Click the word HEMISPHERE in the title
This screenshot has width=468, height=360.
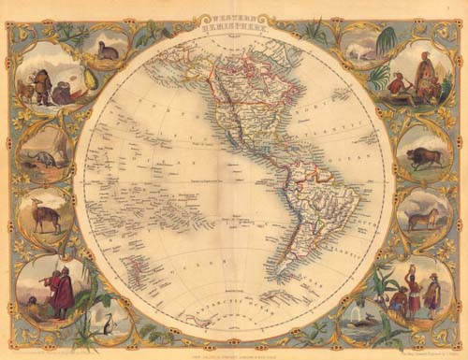[233, 27]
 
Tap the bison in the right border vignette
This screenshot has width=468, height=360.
[424, 154]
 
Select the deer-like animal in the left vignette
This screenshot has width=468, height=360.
[44, 216]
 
